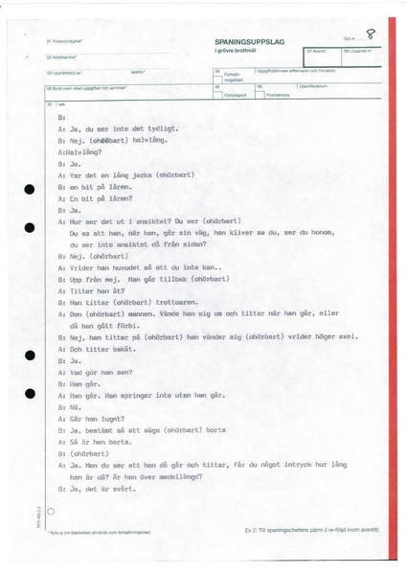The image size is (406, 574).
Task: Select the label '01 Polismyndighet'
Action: (62, 42)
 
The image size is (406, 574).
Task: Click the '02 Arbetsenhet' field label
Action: (60, 57)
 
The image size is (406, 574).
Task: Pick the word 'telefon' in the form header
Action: (138, 72)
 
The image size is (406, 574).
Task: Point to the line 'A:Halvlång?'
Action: (80, 152)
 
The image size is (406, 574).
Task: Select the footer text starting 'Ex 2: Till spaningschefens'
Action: (307, 531)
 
